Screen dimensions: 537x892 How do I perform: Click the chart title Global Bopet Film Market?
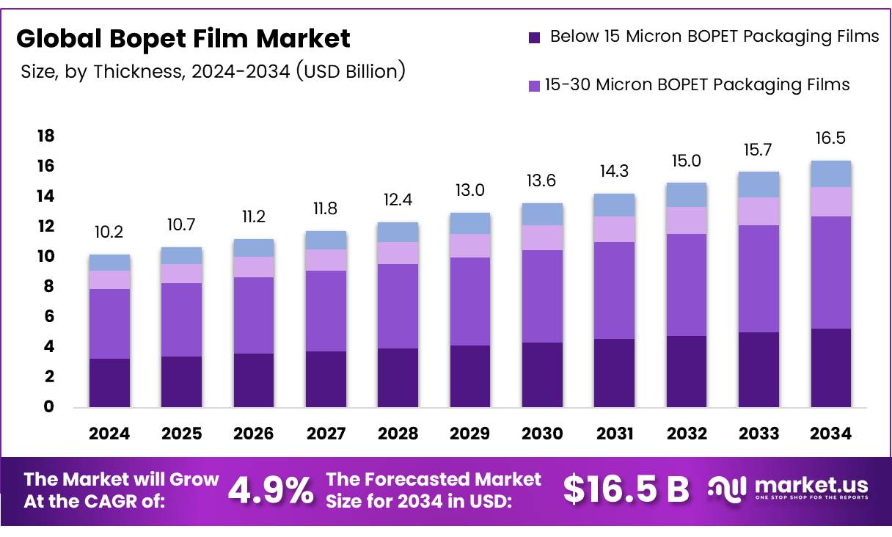(183, 38)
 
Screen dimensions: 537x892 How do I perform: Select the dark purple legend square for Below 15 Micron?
(535, 37)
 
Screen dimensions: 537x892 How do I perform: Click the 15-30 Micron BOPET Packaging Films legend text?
(697, 84)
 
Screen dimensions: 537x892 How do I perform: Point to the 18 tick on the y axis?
(45, 136)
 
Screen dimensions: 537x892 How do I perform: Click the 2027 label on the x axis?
(326, 434)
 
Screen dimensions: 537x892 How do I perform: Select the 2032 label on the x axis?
(687, 434)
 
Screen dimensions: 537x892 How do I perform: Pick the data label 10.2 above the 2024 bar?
(109, 233)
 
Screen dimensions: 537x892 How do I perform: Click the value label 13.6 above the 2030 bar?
(542, 181)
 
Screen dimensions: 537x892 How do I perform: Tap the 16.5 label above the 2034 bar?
(830, 139)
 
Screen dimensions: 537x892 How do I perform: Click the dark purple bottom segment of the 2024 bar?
(109, 382)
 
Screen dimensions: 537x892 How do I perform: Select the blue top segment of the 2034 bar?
(830, 173)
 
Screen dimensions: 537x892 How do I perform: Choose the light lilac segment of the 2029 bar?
(470, 245)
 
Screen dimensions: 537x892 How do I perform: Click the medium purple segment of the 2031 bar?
(615, 290)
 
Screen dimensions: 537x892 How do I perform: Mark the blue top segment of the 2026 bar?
(254, 247)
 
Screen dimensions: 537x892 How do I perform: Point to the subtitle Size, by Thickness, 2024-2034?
(213, 71)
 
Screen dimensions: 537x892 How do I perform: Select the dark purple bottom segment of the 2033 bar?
(758, 369)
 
